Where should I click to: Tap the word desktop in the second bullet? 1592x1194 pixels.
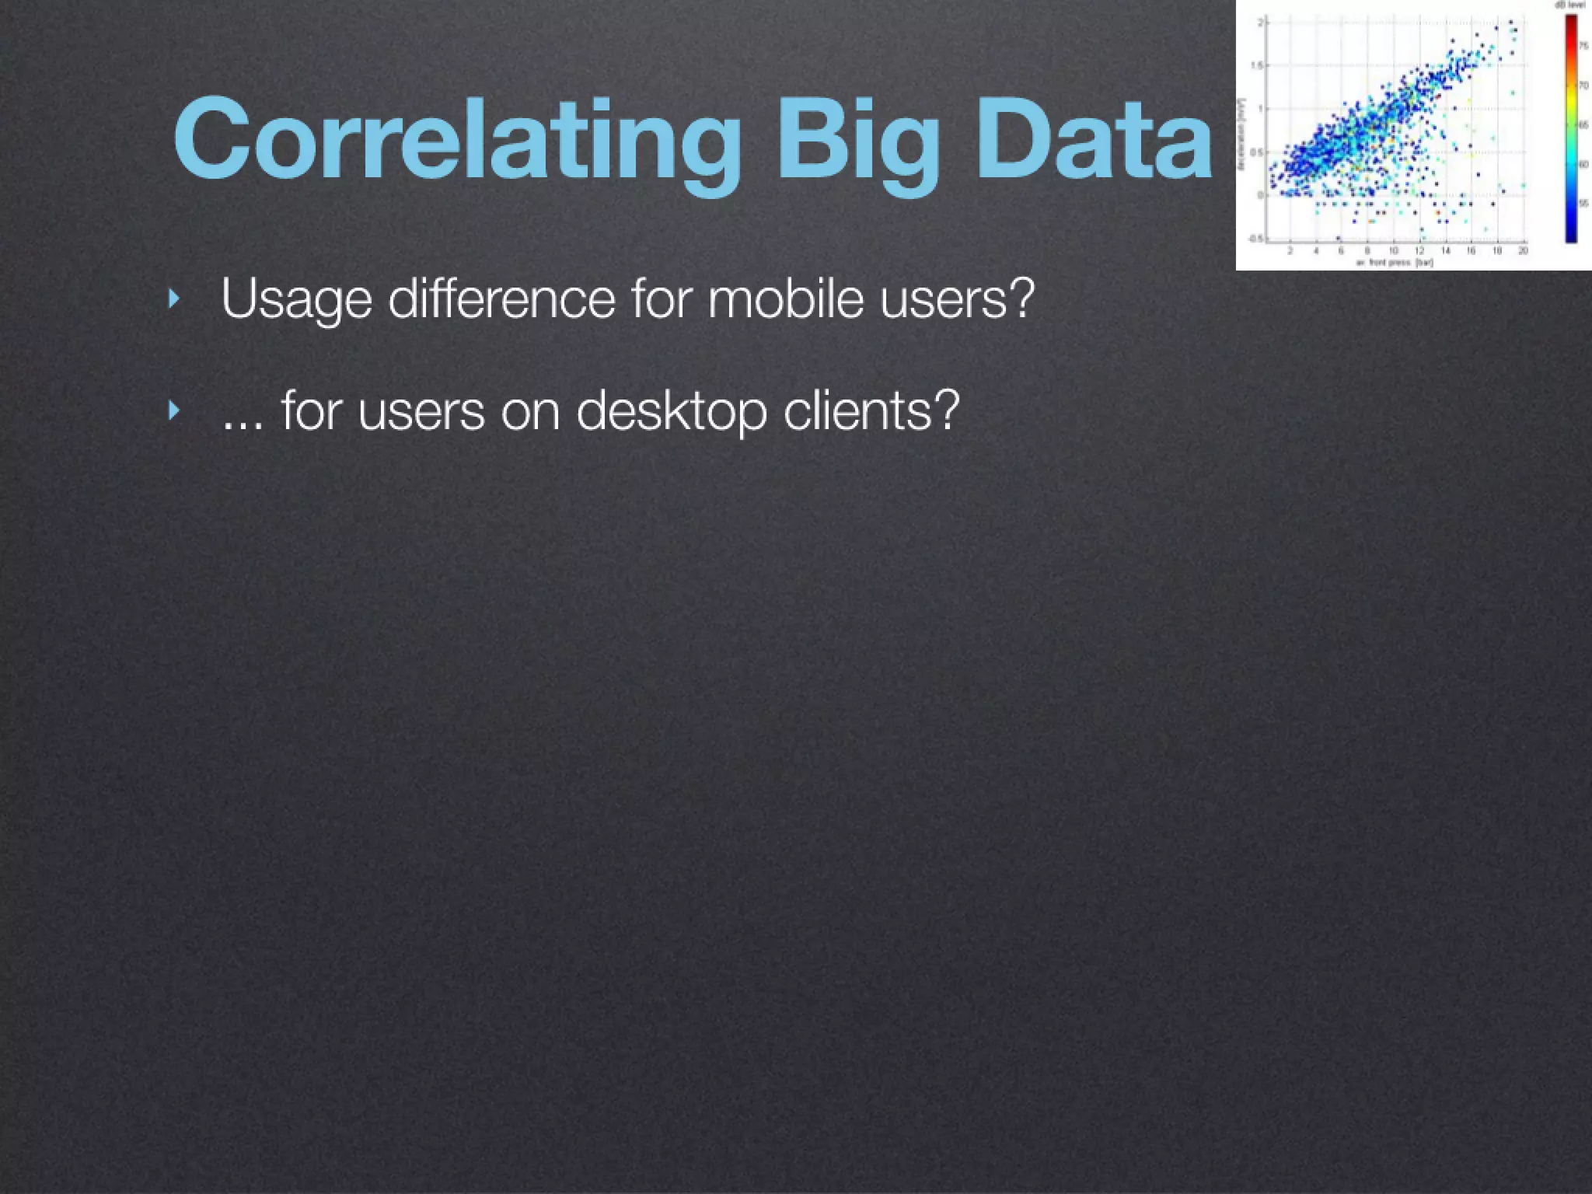[x=672, y=410]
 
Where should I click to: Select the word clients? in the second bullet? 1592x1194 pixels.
[x=871, y=410]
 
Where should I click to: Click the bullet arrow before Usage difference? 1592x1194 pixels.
[x=174, y=298]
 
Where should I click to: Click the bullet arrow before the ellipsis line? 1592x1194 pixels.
[x=174, y=410]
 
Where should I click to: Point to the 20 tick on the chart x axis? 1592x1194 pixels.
[x=1523, y=250]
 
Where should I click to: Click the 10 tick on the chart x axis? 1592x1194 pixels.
[x=1394, y=250]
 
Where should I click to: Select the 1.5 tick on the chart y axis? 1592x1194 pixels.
[x=1257, y=65]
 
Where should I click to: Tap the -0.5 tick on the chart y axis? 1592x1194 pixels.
[x=1255, y=239]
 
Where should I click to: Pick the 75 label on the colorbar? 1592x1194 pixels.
[x=1584, y=47]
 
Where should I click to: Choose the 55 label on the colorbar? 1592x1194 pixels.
[x=1584, y=204]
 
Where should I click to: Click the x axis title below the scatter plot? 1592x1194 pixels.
[x=1395, y=263]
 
